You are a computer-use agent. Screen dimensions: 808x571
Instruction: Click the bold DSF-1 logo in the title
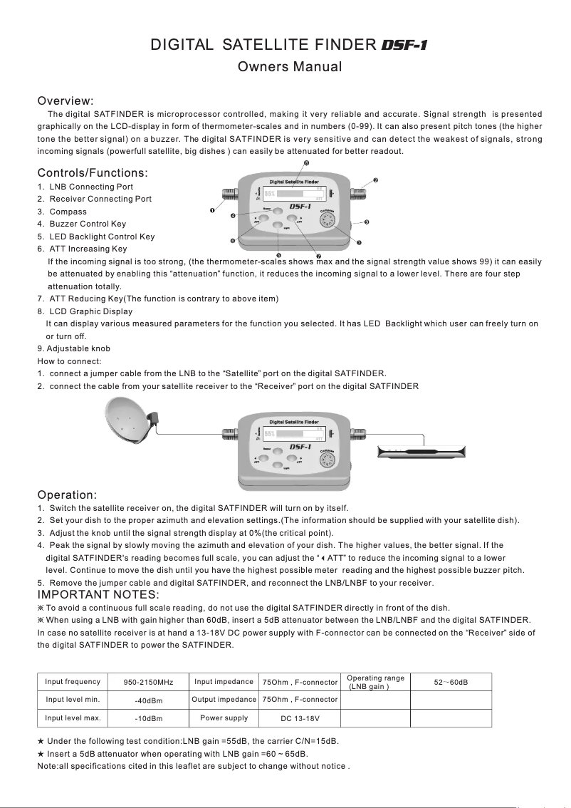[404, 46]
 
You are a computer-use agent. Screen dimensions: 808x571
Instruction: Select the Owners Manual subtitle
[290, 67]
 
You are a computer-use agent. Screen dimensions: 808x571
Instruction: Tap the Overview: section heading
[66, 100]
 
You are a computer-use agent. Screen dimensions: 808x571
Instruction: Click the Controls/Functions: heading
[93, 172]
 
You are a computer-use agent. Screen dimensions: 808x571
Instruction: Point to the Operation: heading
[67, 494]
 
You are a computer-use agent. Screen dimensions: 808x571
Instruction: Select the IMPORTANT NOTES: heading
[98, 594]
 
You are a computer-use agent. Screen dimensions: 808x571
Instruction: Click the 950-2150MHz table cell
[150, 683]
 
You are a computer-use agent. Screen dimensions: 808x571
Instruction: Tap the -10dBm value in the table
[150, 718]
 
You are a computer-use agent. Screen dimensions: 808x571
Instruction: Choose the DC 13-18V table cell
[300, 718]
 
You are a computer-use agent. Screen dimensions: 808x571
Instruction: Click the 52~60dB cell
[451, 682]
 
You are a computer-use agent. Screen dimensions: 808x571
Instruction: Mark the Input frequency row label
[73, 681]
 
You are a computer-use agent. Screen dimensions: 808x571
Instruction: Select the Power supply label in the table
[224, 718]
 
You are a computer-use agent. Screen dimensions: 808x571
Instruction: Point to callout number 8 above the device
[306, 164]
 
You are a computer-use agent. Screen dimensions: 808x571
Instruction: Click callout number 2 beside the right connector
[375, 179]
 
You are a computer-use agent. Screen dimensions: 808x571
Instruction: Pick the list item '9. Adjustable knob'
[73, 348]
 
